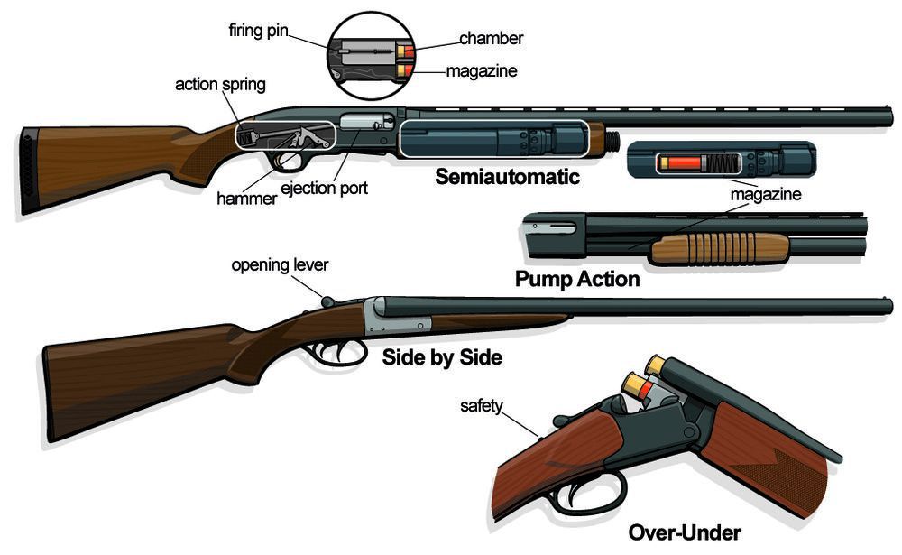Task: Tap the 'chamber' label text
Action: (491, 39)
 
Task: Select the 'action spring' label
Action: (220, 85)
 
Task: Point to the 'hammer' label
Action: (247, 198)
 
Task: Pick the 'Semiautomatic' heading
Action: (507, 177)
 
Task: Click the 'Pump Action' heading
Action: (577, 279)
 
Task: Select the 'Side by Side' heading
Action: (442, 357)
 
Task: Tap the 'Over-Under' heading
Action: (684, 532)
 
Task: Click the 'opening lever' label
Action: (280, 265)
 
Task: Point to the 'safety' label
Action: (482, 406)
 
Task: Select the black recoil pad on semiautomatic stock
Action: (28, 170)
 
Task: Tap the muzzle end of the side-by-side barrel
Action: (888, 306)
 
